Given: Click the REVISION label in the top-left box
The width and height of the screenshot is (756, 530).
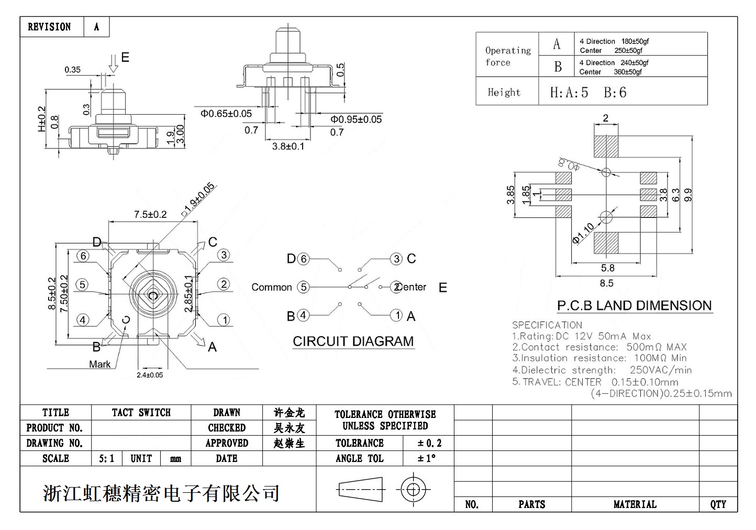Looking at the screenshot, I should [49, 27].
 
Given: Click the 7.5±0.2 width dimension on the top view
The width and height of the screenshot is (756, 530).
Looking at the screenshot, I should [150, 214].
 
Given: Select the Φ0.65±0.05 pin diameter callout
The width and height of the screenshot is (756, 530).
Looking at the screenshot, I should [226, 114].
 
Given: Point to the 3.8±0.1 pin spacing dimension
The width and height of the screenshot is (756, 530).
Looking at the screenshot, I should [288, 146].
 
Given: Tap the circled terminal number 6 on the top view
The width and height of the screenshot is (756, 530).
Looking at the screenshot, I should [83, 256].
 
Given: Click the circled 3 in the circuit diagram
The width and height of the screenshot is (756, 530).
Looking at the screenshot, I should [396, 259].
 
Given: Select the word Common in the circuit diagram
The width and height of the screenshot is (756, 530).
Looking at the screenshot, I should [271, 287].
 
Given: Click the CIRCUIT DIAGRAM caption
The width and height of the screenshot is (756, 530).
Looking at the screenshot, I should [353, 341].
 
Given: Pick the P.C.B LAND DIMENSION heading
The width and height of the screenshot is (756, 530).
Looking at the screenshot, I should [634, 306].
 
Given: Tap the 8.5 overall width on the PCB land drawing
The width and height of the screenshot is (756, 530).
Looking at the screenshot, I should [606, 283].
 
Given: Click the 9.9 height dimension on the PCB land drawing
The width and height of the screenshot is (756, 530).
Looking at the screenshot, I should [688, 195].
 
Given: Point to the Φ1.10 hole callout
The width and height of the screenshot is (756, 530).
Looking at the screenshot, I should [583, 233].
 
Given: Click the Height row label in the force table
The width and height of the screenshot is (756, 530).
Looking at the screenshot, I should [504, 93].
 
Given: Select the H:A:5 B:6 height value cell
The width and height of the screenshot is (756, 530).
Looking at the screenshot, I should [588, 93].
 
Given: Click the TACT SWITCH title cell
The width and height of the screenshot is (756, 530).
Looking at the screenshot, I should [141, 413].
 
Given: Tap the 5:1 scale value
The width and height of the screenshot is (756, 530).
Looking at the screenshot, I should [106, 459].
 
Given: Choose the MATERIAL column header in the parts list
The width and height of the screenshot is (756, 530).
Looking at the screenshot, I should [635, 504].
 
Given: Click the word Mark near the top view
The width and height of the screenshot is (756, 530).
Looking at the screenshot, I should [99, 364].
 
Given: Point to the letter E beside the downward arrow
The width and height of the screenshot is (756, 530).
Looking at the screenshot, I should [125, 57].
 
